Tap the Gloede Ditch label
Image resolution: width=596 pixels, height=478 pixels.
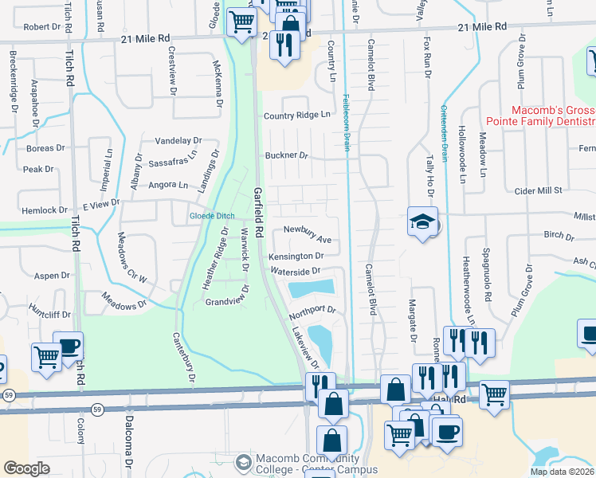click(x=211, y=216)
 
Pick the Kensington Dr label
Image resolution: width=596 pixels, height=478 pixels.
click(x=295, y=257)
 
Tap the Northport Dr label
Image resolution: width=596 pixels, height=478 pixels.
click(x=312, y=311)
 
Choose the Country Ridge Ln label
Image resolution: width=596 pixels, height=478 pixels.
click(x=296, y=116)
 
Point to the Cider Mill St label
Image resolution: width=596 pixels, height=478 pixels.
click(x=539, y=190)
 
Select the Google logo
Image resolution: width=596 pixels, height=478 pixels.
click(x=26, y=468)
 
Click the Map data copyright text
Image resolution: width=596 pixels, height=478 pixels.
click(x=563, y=472)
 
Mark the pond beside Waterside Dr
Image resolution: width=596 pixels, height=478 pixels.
click(x=312, y=288)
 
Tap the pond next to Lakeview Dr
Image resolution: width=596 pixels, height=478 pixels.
click(x=322, y=342)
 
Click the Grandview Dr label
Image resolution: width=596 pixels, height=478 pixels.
click(x=227, y=303)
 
